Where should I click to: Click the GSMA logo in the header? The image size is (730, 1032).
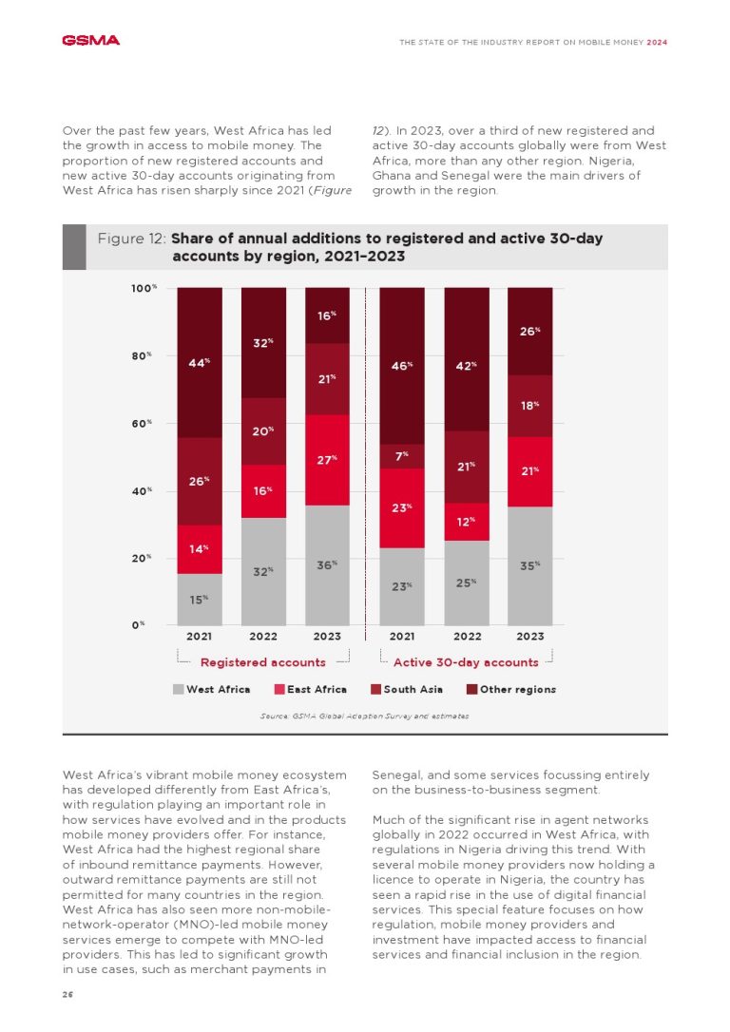coord(90,41)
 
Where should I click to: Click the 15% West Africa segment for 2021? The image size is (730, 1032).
coord(199,600)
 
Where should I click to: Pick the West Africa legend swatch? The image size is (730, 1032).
coord(178,689)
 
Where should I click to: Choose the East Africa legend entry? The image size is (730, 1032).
coord(311,689)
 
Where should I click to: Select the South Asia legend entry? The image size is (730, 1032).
coord(407,689)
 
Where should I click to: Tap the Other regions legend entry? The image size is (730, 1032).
coord(510,689)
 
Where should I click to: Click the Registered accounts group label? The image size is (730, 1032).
coord(262,662)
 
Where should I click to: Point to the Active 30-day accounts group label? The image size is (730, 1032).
coord(466,662)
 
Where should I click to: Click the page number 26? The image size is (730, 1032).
coord(67,993)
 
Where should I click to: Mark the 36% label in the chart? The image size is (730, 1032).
coord(327,565)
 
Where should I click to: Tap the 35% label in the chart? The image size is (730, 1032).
coord(530,565)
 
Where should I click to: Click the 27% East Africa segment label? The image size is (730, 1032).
coord(327,460)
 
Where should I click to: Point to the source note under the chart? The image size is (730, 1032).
coord(364,716)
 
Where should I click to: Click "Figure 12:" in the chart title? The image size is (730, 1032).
coord(132,239)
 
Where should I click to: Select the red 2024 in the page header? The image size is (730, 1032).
coord(656,42)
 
